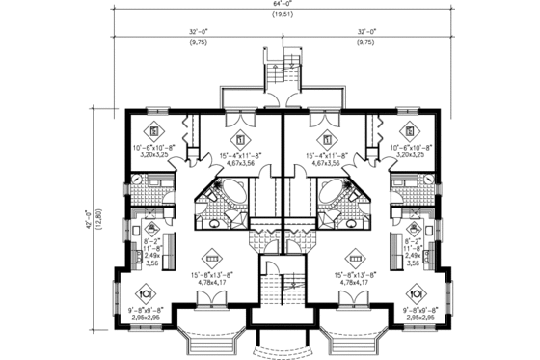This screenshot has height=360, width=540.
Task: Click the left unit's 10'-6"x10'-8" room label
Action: (152, 149)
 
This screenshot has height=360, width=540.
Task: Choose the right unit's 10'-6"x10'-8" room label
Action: (410, 149)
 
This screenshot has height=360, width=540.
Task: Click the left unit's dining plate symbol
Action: (146, 292)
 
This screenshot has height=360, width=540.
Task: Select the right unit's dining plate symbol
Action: (416, 292)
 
